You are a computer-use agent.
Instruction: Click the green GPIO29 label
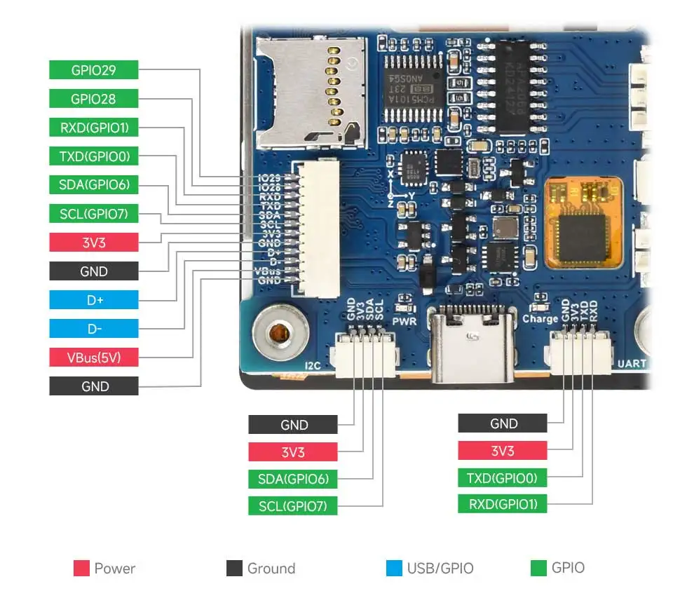(93, 70)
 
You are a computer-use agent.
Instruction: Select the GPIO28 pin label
(93, 99)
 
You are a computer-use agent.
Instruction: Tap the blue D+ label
(93, 300)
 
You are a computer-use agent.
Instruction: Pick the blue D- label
(93, 329)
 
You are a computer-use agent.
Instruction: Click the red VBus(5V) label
(93, 358)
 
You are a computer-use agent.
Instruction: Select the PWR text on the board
(405, 322)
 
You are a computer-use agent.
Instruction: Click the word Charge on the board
(540, 319)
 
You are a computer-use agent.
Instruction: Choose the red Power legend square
(81, 568)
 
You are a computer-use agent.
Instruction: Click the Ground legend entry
(261, 568)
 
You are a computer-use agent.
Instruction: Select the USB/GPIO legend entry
(429, 568)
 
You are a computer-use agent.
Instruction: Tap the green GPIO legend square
(538, 568)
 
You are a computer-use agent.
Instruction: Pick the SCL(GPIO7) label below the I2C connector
(292, 505)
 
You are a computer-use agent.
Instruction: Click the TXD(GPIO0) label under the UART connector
(502, 478)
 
